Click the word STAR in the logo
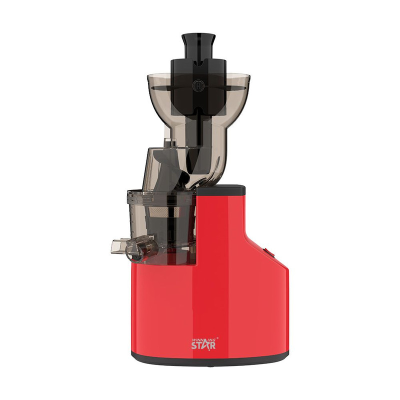tap(203, 344)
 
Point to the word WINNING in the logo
tap(202, 338)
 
